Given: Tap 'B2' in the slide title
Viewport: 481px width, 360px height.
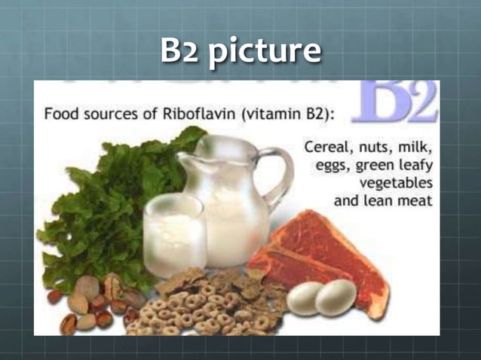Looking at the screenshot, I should click(177, 50).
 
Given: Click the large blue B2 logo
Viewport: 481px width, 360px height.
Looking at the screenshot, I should click(394, 102).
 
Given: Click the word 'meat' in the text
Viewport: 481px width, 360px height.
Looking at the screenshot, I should click(415, 200).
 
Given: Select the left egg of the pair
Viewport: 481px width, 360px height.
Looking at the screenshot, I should click(304, 297).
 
